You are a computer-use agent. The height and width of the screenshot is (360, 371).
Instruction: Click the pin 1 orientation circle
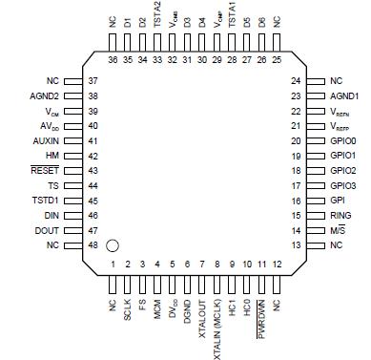(x=112, y=246)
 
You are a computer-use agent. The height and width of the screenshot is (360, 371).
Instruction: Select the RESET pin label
(x=45, y=169)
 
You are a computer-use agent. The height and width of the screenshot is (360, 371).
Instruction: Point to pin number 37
(x=92, y=82)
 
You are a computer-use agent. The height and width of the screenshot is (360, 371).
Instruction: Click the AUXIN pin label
(x=45, y=139)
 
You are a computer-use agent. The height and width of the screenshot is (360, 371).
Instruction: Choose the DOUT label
(x=45, y=230)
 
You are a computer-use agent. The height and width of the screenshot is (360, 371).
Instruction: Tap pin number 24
(x=296, y=82)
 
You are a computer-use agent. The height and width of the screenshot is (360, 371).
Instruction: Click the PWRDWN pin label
(x=261, y=318)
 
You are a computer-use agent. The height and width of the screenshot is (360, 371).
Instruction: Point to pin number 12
(x=277, y=264)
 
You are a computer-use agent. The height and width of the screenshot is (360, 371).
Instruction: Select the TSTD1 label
(x=45, y=200)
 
